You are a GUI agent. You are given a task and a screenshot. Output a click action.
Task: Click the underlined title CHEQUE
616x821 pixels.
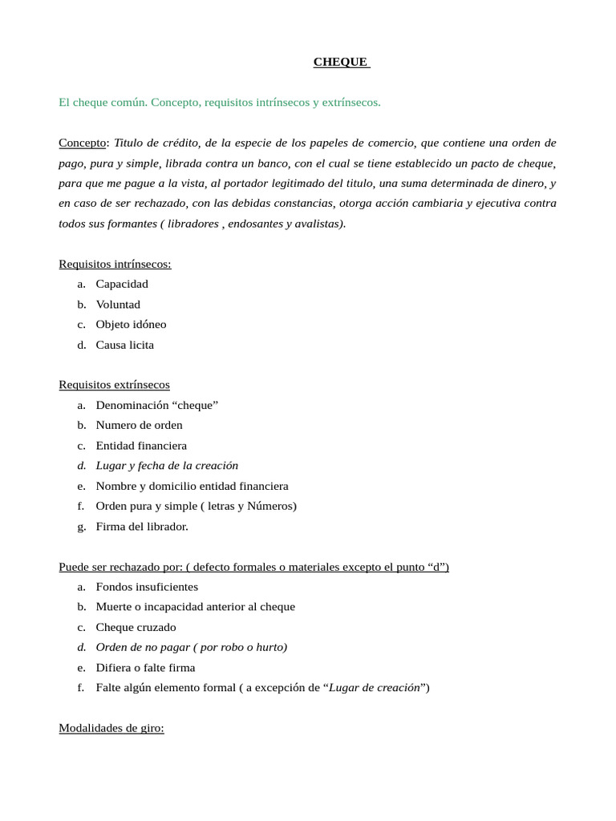point(341,62)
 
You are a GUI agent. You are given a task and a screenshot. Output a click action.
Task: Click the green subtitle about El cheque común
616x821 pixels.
point(220,103)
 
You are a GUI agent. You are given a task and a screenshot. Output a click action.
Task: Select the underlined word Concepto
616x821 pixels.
point(83,143)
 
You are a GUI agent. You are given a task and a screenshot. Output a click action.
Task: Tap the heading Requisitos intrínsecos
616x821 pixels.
point(115,264)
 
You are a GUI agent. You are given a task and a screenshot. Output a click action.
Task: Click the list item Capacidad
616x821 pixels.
point(122,284)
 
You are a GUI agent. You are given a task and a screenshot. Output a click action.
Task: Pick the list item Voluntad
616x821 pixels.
point(118,305)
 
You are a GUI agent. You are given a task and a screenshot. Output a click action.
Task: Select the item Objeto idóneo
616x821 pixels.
point(131,325)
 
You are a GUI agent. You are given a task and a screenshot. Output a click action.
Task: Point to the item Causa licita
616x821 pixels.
point(124,345)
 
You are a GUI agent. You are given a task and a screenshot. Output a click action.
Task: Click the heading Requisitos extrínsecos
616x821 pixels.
point(114,385)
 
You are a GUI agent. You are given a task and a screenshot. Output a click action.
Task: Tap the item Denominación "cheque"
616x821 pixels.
point(156,405)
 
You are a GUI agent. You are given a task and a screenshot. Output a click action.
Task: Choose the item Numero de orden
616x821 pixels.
point(139,425)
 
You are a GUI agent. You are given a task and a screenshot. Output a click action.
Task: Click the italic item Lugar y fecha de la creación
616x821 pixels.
point(167,466)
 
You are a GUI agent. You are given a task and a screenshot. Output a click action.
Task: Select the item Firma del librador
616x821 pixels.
point(142,527)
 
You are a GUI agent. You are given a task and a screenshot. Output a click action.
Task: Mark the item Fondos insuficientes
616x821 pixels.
point(147,587)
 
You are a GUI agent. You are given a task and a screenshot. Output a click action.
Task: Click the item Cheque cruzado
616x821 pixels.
point(136,627)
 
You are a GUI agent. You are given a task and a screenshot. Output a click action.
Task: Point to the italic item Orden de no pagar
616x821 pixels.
point(191,647)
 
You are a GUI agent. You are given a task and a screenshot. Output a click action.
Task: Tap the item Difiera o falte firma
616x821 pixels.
point(145,668)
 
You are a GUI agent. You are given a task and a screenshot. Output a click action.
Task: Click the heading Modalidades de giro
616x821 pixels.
point(111,729)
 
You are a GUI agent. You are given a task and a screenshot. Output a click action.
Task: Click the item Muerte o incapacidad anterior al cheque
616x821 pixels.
point(195,607)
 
